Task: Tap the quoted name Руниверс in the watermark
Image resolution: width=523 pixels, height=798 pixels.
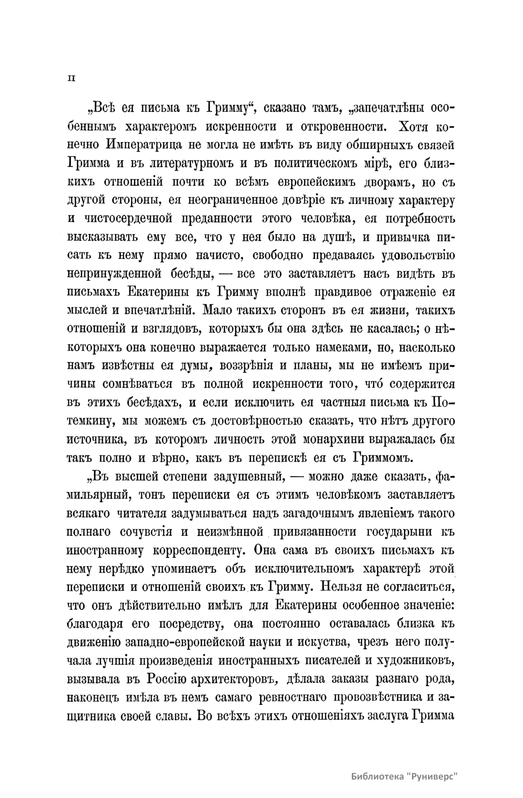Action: coord(434,777)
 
